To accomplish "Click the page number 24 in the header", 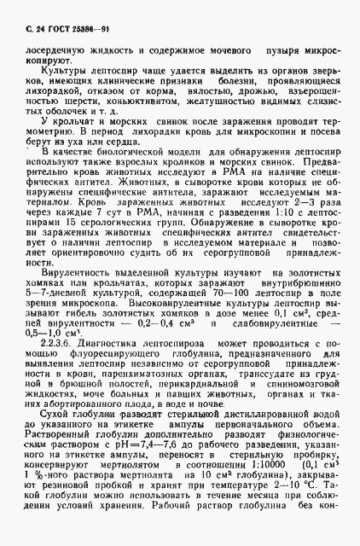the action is point(33,30).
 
